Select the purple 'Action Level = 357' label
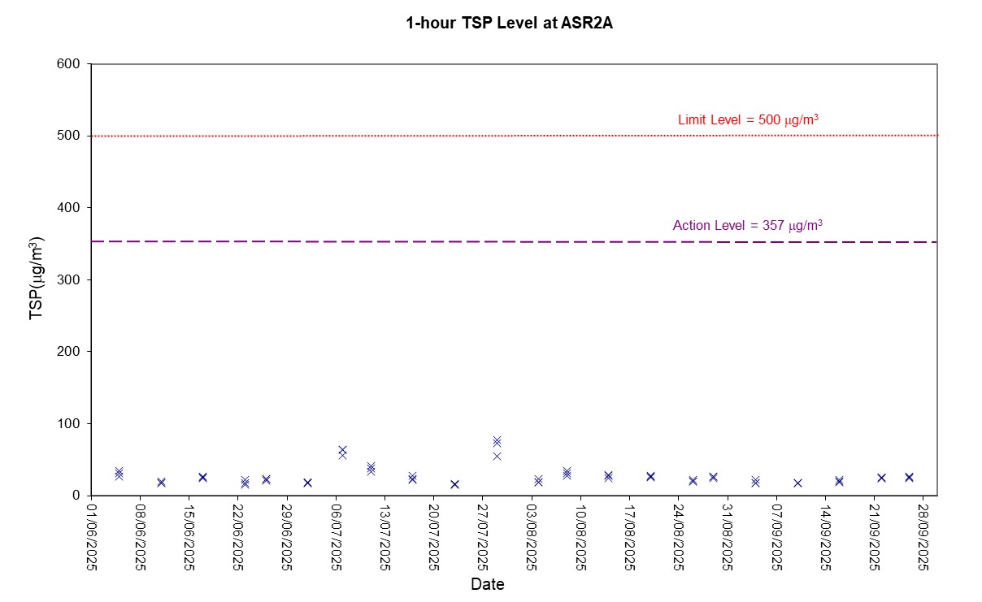747,226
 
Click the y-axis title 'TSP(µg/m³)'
37,279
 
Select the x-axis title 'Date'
488,584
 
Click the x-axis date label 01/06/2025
92,536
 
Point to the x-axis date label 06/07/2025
337,536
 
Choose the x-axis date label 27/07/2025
484,536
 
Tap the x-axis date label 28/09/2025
924,536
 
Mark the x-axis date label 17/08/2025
630,536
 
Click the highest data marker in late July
497,440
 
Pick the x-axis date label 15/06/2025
189,536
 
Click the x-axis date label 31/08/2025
728,536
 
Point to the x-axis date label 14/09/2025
826,536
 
